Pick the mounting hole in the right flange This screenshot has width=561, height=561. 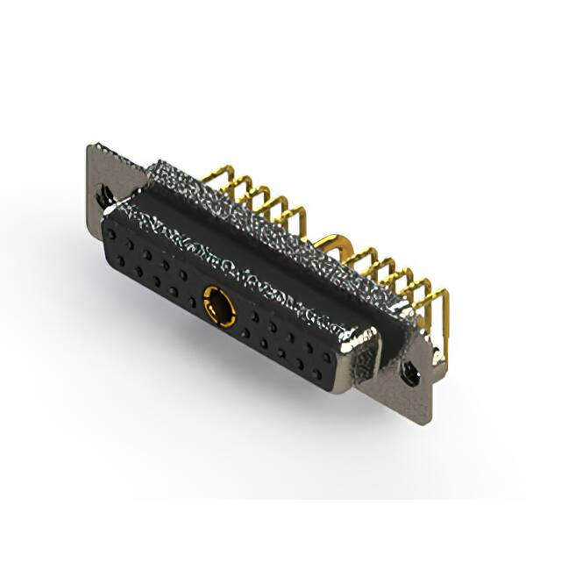pos(408,372)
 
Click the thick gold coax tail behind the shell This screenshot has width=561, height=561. pos(334,240)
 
